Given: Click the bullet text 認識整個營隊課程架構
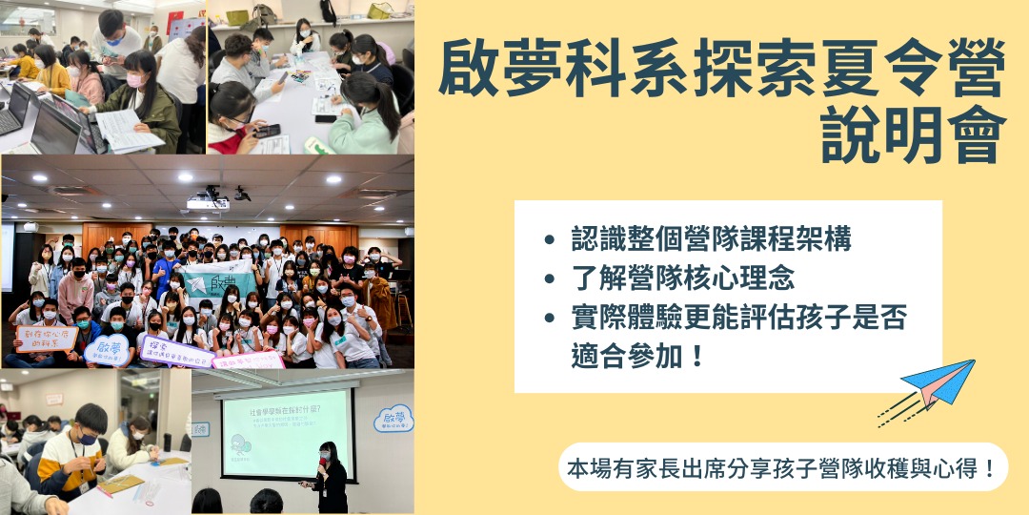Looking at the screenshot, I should click(711, 238).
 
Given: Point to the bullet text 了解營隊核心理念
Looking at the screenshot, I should click(683, 279).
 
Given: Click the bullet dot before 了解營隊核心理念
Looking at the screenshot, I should click(549, 280).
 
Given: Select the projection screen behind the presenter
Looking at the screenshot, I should click(287, 435).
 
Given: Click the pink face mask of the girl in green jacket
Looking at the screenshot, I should click(136, 81).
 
